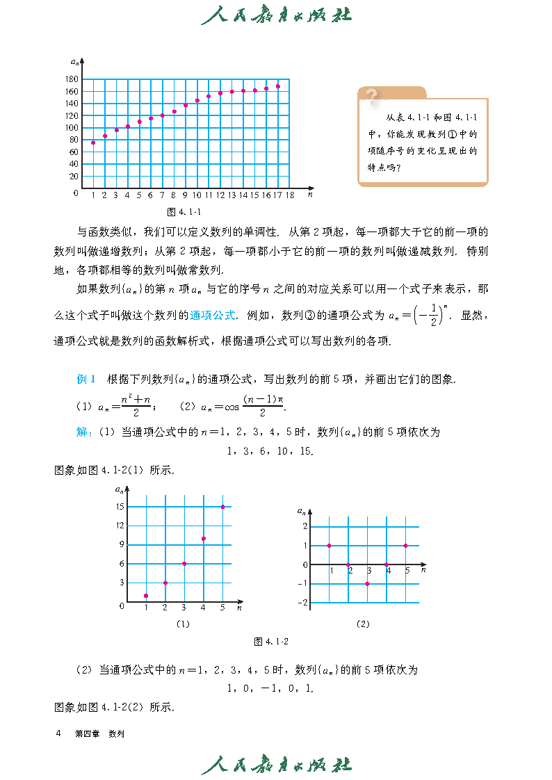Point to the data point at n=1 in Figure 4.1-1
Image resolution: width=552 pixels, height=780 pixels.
93,143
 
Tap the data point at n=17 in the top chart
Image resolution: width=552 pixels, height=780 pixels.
278,86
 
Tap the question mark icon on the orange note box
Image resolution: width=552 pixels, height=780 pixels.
372,96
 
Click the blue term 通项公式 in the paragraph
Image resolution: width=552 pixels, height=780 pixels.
212,315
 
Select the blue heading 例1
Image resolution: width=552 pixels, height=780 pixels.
87,380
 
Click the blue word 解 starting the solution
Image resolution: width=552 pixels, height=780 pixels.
81,432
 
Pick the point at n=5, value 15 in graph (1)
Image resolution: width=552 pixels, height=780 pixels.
222,507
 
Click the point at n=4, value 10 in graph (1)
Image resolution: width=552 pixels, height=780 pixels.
203,539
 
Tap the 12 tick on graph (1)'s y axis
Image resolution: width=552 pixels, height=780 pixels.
120,526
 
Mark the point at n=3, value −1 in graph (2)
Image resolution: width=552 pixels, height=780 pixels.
367,583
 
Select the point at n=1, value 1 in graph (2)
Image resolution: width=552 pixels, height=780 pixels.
329,546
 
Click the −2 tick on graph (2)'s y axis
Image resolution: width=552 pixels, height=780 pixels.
304,603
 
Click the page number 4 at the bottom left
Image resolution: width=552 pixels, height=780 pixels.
58,733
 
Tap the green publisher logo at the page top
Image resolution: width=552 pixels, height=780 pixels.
276,15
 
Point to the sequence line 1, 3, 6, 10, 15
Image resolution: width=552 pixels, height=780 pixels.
270,452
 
